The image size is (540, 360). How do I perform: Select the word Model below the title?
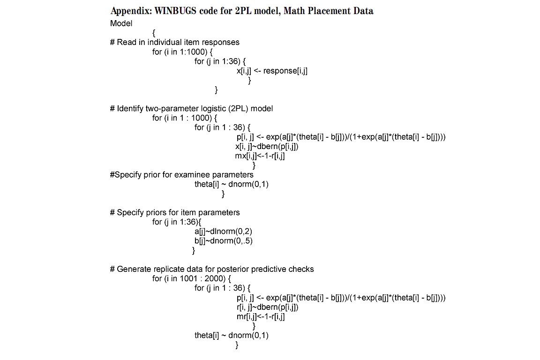(121, 23)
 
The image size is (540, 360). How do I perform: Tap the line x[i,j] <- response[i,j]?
(272, 71)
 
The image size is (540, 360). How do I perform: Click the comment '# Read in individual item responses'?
(174, 42)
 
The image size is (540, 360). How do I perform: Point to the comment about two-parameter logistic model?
(191, 108)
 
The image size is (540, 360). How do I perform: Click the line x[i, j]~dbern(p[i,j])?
(267, 146)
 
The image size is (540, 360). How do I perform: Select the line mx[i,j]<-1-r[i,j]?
(260, 156)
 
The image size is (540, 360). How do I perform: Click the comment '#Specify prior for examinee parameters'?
(181, 175)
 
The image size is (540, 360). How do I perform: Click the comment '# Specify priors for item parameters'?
(175, 212)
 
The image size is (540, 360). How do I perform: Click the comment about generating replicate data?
(212, 269)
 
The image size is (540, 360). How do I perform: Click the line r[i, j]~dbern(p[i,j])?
(268, 307)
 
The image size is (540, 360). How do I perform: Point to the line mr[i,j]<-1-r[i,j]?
(261, 316)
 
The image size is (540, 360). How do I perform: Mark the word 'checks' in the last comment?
(301, 269)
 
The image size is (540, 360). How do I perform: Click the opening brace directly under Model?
(154, 33)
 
